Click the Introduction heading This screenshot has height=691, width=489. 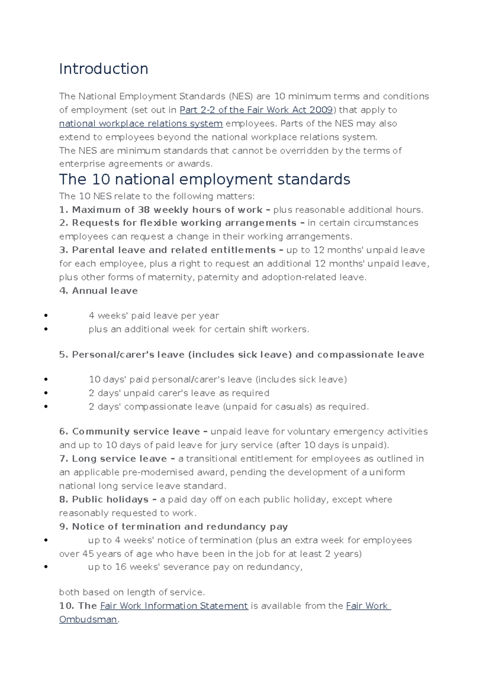tap(104, 69)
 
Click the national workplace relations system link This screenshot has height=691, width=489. tap(141, 124)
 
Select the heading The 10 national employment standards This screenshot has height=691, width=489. tap(204, 179)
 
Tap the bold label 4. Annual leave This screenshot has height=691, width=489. tap(98, 291)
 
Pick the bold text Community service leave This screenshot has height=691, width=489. tap(136, 432)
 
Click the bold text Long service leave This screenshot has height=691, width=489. tap(119, 459)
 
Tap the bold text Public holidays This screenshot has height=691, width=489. tap(110, 500)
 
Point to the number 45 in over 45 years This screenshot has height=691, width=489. tap(88, 554)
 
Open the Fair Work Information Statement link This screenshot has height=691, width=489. tap(174, 606)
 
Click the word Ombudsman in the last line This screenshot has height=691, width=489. tap(88, 620)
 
